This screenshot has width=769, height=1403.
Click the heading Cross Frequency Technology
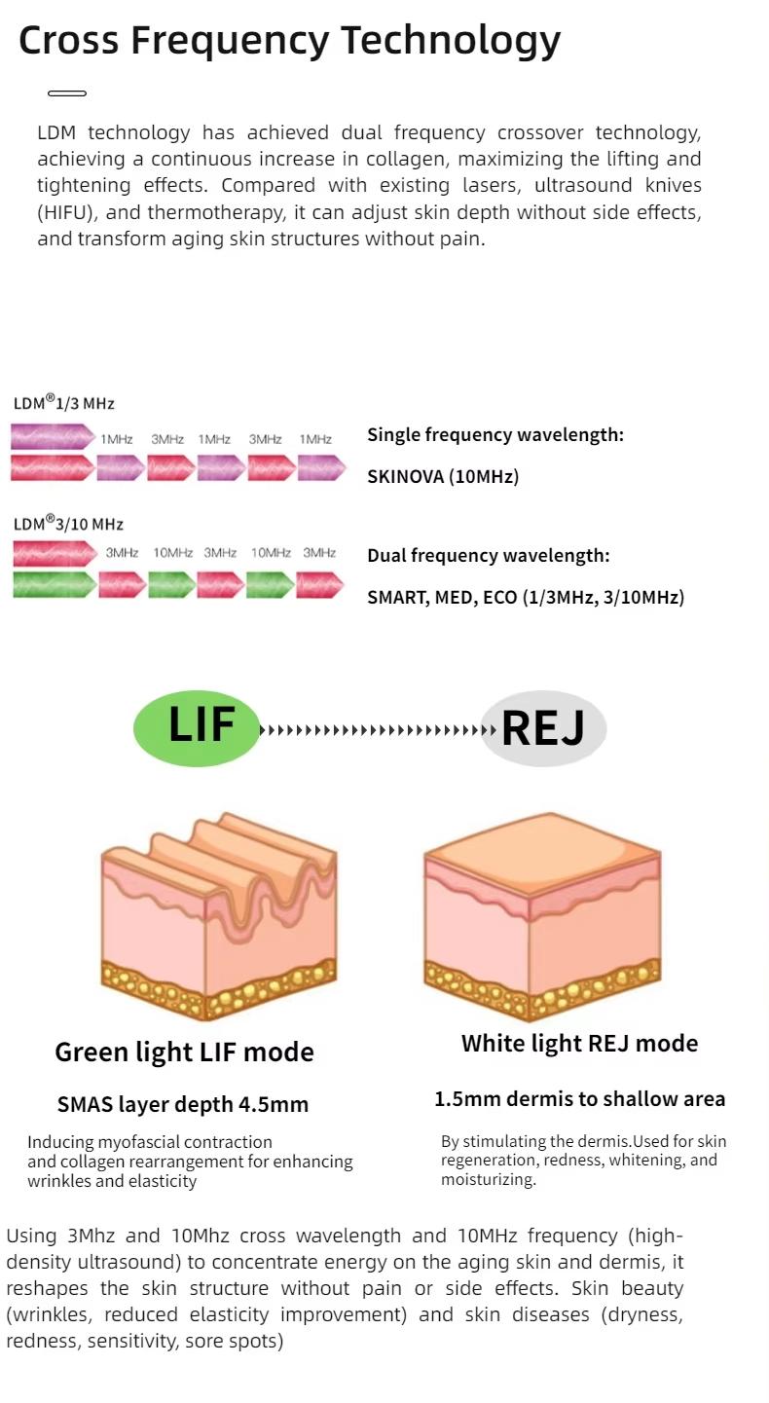pos(289,41)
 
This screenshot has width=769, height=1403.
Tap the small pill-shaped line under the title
pos(67,93)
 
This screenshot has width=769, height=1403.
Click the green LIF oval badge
pos(198,727)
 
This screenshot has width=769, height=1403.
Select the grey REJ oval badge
pos(543,728)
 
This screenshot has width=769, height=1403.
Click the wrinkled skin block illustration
pos(219,915)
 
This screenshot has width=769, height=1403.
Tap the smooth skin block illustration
pos(542,915)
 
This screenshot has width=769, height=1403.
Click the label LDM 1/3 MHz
pos(64,403)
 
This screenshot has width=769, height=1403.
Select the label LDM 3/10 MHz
pos(68,524)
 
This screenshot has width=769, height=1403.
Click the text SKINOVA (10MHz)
pos(443,476)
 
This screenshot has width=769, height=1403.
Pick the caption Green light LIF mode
pos(184,1052)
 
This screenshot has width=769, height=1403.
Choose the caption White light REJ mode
pos(579,1044)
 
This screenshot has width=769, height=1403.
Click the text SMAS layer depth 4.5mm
pos(183,1104)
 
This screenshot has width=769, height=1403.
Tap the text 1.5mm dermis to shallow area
pos(579,1099)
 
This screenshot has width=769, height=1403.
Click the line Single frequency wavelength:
pos(495,434)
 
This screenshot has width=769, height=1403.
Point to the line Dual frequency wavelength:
pos(489,555)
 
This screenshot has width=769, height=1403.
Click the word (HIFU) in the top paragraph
pos(66,212)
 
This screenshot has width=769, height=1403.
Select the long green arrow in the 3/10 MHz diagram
pos(55,585)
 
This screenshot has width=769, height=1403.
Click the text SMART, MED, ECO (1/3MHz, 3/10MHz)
pos(526,597)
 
